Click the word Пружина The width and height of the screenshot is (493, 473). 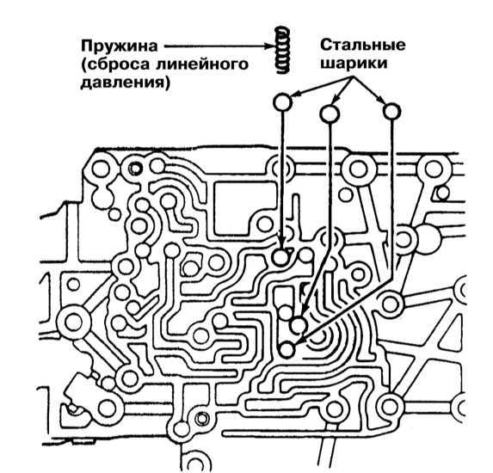[x=119, y=46]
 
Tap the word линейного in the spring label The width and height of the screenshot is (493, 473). [x=202, y=64]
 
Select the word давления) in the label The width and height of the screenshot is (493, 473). [x=125, y=83]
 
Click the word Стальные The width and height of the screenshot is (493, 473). [x=363, y=45]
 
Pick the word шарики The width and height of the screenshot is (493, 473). [x=354, y=64]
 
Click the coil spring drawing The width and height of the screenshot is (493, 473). [x=282, y=50]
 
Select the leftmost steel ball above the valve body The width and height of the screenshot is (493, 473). [x=282, y=102]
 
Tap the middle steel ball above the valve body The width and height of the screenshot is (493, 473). [x=330, y=114]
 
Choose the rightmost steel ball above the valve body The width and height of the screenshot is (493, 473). [x=391, y=112]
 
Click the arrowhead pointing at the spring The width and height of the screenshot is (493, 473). [x=269, y=46]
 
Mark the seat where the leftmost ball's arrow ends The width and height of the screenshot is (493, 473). [x=280, y=258]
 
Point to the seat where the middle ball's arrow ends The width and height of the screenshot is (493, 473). [x=298, y=325]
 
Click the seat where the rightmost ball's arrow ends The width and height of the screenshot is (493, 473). [x=287, y=350]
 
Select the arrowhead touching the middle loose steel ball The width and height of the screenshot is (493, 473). [x=336, y=99]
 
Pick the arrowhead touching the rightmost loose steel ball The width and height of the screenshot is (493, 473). [x=379, y=99]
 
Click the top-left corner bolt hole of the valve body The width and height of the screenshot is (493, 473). [x=102, y=169]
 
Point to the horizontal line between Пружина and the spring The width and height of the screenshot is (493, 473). [x=217, y=46]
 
